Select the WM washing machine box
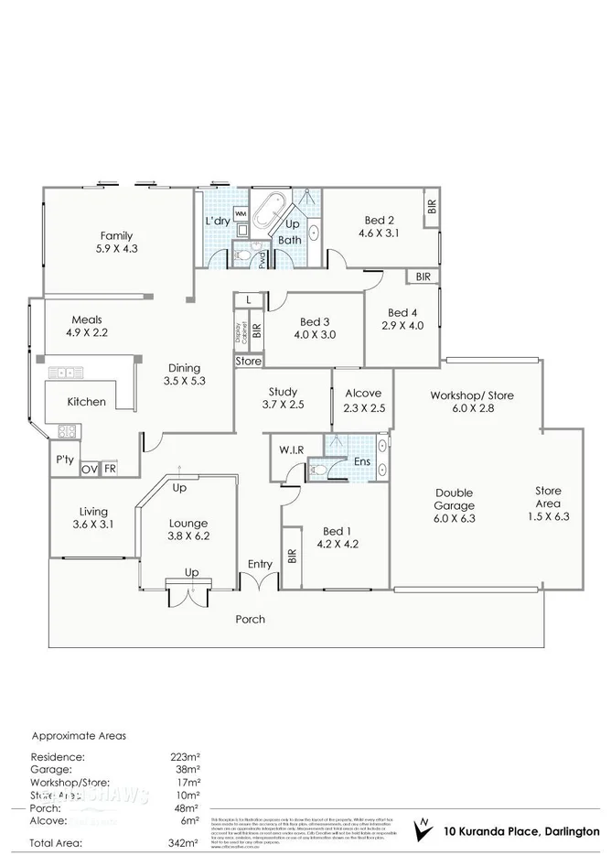(x=241, y=214)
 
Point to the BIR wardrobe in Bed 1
(x=292, y=556)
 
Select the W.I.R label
(x=294, y=450)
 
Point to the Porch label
(x=251, y=619)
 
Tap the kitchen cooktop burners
(x=68, y=431)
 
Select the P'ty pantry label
(x=64, y=460)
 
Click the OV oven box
(x=89, y=469)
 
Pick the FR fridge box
(x=109, y=469)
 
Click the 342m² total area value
(x=187, y=841)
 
